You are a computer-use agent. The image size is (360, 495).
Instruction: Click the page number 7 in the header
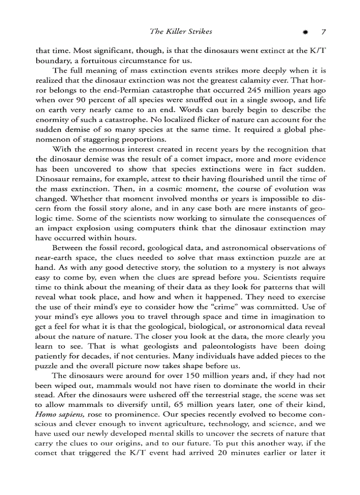tap(323, 32)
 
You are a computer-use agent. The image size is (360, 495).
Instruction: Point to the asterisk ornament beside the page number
tap(305, 32)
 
